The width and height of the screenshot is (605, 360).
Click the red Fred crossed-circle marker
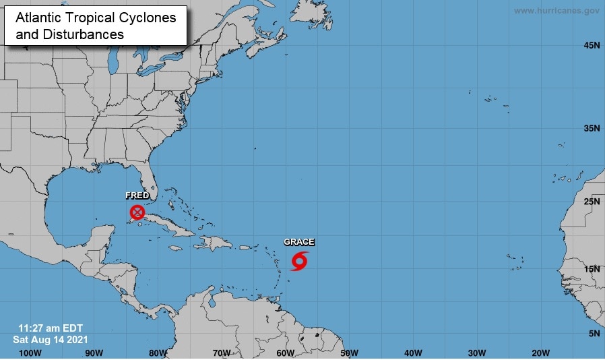137,212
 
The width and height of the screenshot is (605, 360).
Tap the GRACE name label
298,242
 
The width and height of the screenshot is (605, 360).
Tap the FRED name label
137,196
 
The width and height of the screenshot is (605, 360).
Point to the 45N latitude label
592,46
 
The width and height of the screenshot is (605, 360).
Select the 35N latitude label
592,128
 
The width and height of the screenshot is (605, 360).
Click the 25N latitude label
592,201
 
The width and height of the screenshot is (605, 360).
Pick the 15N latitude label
592,269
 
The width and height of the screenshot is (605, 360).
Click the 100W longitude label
30,353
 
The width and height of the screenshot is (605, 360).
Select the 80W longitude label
158,353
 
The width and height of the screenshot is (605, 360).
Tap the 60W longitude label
285,353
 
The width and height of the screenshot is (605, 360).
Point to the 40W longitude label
413,353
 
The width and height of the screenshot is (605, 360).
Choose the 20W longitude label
540,353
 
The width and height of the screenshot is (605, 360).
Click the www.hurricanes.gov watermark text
556,11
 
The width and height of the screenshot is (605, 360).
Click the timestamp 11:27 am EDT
49,328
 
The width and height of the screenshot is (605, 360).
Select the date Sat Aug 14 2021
50,339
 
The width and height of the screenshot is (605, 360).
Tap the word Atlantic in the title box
37,18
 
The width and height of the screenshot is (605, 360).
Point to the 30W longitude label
477,353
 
